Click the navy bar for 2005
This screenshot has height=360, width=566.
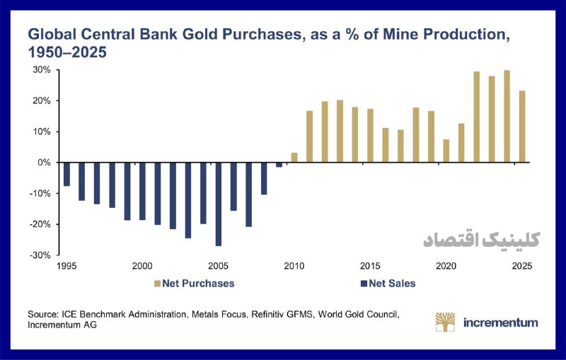(x=219, y=204)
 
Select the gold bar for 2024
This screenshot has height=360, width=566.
(x=507, y=116)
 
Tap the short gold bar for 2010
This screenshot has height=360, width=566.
(x=294, y=158)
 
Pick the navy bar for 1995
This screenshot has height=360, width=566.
(x=67, y=174)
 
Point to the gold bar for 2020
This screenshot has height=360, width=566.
(x=446, y=151)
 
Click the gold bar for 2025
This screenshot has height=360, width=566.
(x=522, y=127)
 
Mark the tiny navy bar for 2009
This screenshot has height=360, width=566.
(x=279, y=165)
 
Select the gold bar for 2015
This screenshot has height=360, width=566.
(x=370, y=136)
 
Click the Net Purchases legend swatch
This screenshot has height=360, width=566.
(x=157, y=284)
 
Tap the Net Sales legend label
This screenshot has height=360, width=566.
(x=392, y=284)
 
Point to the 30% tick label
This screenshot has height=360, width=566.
(x=42, y=70)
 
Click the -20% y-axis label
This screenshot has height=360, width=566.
(x=40, y=224)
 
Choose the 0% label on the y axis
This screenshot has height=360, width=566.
(x=44, y=163)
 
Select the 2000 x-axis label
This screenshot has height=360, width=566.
(x=142, y=266)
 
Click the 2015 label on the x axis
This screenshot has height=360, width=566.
(x=370, y=266)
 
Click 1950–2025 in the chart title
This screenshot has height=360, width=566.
(x=67, y=52)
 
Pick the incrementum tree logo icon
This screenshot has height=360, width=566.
(x=445, y=322)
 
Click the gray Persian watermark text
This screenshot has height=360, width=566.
(x=482, y=240)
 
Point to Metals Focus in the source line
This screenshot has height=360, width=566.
(x=219, y=315)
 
